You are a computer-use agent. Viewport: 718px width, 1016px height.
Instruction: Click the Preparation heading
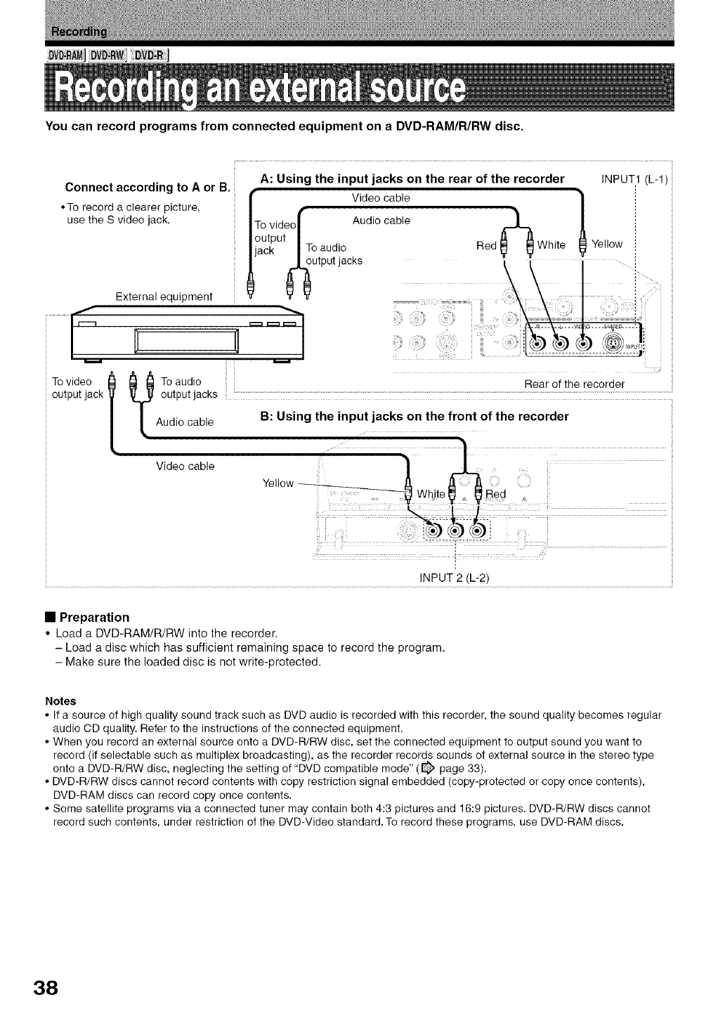coord(94,617)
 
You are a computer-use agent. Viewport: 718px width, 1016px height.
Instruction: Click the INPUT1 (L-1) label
coord(637,179)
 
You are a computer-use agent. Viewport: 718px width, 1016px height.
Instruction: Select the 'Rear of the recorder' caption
coord(574,384)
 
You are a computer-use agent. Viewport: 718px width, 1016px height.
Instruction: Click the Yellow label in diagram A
coord(607,244)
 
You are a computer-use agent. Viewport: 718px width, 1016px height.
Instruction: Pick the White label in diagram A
coord(551,245)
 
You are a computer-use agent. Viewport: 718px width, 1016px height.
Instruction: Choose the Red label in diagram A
coord(486,245)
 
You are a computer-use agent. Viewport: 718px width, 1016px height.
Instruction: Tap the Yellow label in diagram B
coord(278,483)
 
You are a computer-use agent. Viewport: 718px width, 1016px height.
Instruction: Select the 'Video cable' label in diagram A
coord(381,198)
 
